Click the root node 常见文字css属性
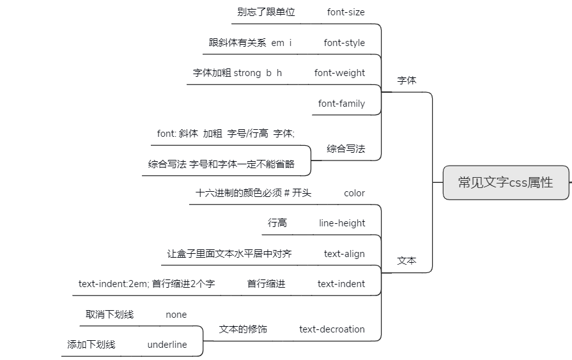pyautogui.click(x=506, y=182)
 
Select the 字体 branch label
pyautogui.click(x=406, y=81)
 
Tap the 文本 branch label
pyautogui.click(x=406, y=261)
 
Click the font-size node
pyautogui.click(x=346, y=12)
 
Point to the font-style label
pyautogui.click(x=344, y=43)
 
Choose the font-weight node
pyautogui.click(x=339, y=73)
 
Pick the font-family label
pyautogui.click(x=341, y=104)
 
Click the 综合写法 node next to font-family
pyautogui.click(x=346, y=149)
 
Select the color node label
pyautogui.click(x=354, y=193)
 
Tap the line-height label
pyautogui.click(x=342, y=223)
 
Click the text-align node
pyautogui.click(x=344, y=254)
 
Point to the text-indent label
pyautogui.click(x=341, y=284)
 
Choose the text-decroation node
pyautogui.click(x=332, y=329)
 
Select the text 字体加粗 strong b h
pyautogui.click(x=237, y=73)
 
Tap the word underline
pyautogui.click(x=167, y=345)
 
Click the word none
pyautogui.click(x=176, y=315)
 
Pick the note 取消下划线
pyautogui.click(x=109, y=315)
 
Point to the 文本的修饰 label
pyautogui.click(x=243, y=329)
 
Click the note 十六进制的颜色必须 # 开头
pyautogui.click(x=253, y=193)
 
